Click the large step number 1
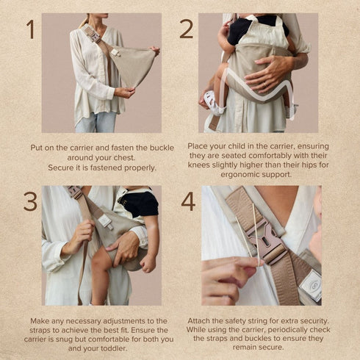30,29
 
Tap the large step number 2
187,29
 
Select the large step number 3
30,202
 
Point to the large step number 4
188,202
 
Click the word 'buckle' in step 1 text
162,148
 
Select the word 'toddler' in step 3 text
114,348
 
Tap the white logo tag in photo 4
311,284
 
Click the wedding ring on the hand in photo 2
265,84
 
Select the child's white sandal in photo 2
213,103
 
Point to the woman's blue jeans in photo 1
96,122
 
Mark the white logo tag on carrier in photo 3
106,221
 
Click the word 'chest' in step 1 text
125,158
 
